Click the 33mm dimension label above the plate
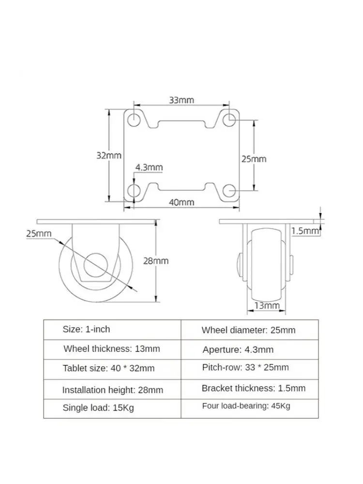coord(181,100)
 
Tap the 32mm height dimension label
coord(108,155)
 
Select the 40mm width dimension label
coord(181,202)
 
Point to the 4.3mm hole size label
coord(149,167)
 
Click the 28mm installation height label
coord(156,261)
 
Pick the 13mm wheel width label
coord(267,305)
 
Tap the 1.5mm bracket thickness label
coord(305,231)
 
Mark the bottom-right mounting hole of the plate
coord(229,191)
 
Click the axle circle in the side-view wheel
coord(96,265)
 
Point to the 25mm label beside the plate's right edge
coord(254,159)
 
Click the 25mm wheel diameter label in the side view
coord(39,233)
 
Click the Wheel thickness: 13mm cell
coord(112,349)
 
